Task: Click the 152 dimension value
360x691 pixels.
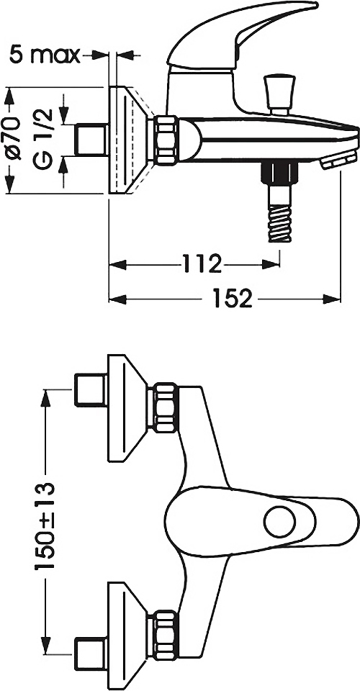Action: point(233,299)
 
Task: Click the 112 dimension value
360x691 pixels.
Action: point(201,264)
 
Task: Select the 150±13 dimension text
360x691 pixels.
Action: point(45,525)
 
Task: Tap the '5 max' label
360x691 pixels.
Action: point(45,55)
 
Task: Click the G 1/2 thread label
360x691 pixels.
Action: point(45,138)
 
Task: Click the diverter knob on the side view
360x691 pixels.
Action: point(279,94)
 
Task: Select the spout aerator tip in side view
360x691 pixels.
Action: point(339,159)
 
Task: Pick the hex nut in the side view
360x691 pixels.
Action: point(166,140)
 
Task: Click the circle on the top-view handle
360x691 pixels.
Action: point(280,522)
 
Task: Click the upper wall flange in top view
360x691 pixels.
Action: point(127,407)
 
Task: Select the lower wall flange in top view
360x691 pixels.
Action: point(127,635)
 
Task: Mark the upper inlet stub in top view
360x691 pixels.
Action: point(91,390)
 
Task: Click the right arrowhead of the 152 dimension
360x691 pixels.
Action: point(332,299)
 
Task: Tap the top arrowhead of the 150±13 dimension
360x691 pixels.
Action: point(45,399)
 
